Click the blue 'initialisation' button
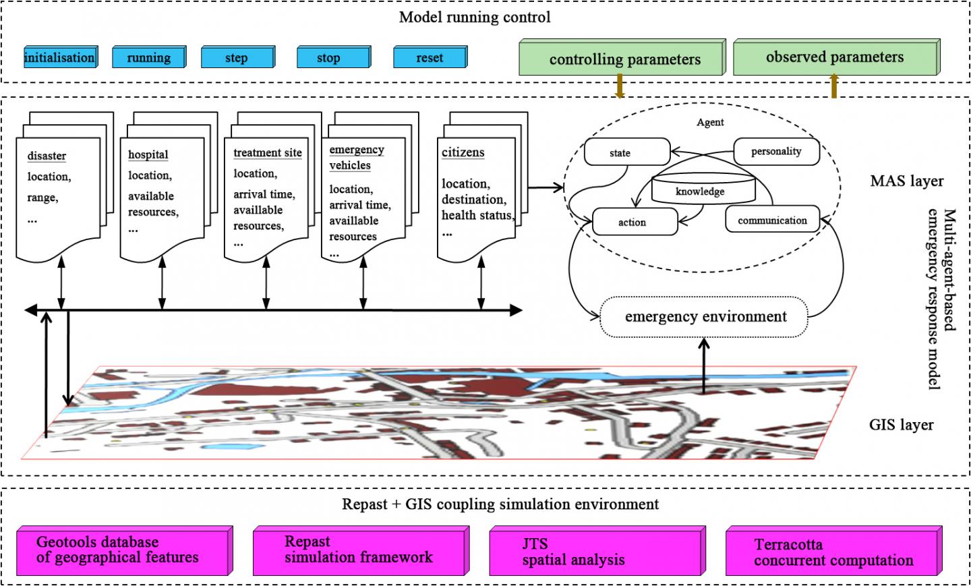(59, 57)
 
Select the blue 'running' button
(148, 58)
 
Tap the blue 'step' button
(237, 58)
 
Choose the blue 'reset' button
(430, 58)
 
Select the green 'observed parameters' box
(834, 58)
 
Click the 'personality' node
(776, 152)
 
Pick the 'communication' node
(772, 221)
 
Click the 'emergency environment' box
(705, 317)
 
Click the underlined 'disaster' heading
(47, 156)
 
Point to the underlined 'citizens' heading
(463, 152)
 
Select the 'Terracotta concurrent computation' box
(833, 553)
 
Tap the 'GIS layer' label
(901, 425)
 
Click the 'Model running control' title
(474, 18)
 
